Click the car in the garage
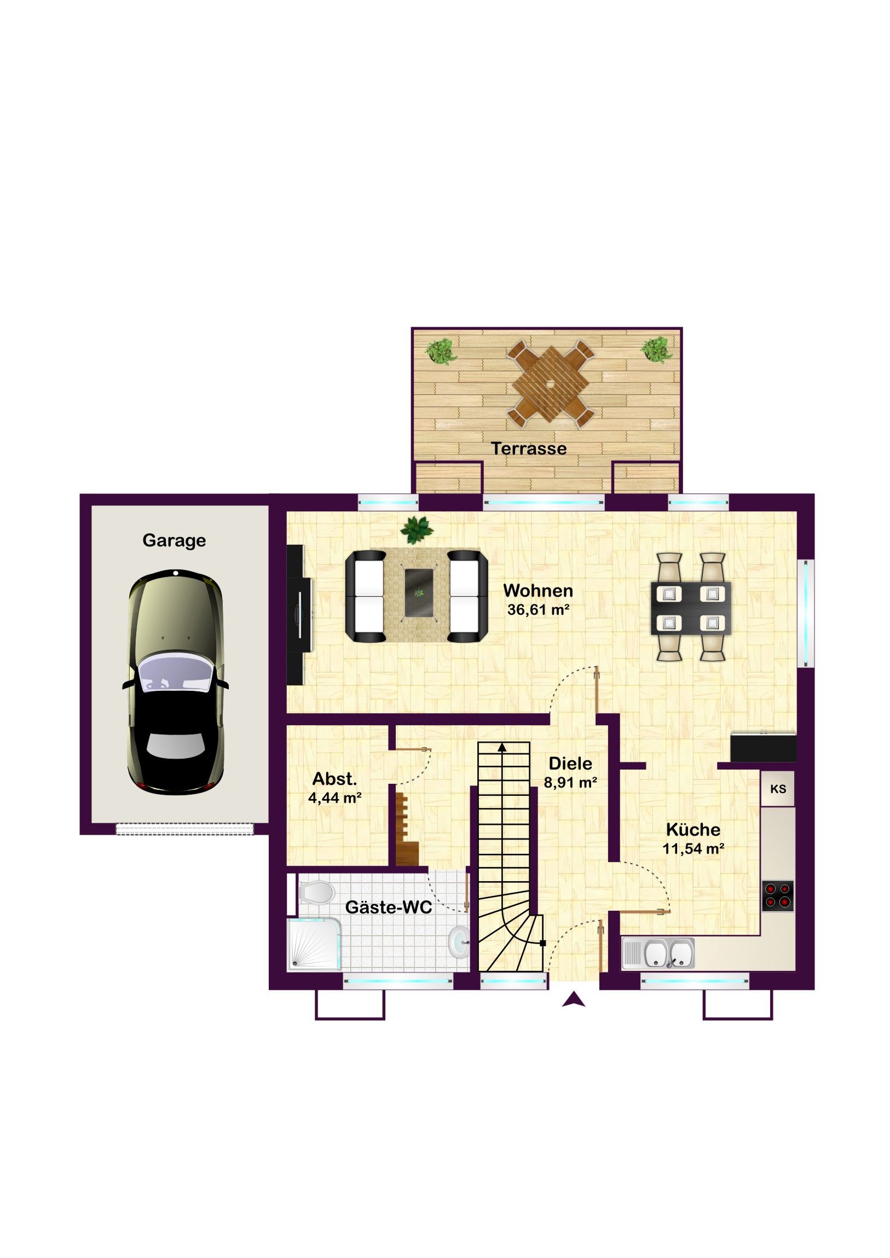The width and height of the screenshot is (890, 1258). [x=176, y=683]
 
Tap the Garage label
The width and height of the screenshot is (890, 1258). [x=174, y=540]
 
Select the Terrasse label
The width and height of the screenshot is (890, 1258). [x=529, y=448]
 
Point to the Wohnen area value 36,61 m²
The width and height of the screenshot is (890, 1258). [x=538, y=610]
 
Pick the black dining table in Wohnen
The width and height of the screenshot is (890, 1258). [x=691, y=608]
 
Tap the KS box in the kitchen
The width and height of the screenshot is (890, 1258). [x=778, y=789]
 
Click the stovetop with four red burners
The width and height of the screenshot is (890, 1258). [x=778, y=896]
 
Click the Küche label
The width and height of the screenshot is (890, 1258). [x=693, y=830]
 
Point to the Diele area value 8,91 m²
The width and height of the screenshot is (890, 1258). [x=570, y=782]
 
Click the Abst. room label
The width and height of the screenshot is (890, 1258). [x=334, y=778]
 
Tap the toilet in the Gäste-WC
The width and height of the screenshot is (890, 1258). [x=316, y=892]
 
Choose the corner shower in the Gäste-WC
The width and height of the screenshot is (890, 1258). [x=314, y=943]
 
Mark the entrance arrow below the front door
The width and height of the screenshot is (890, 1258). [x=574, y=999]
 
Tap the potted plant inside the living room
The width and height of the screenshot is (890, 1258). [x=417, y=530]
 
